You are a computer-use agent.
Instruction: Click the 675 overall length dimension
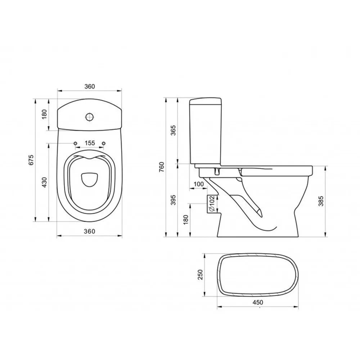[31, 160]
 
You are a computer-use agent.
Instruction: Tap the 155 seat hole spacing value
[90, 143]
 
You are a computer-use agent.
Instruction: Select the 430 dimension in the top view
[44, 182]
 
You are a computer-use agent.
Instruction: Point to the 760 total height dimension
[162, 167]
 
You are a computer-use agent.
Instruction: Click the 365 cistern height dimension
[174, 130]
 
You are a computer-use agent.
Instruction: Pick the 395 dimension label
[174, 200]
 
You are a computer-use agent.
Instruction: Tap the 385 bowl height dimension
[321, 201]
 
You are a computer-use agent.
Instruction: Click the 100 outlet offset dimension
[199, 184]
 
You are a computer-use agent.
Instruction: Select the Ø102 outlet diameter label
[211, 203]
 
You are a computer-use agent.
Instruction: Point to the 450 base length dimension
[258, 302]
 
